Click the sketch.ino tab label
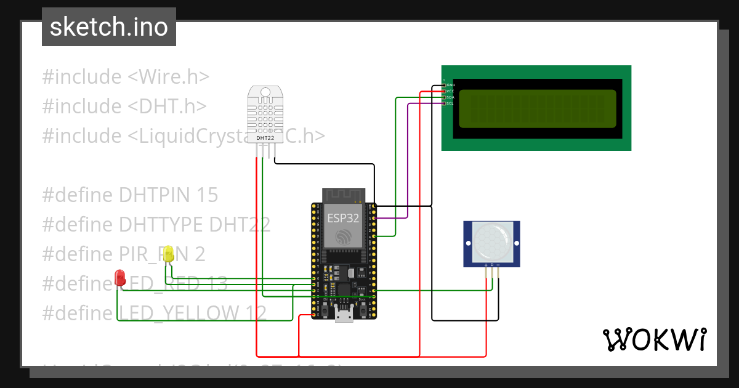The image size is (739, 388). [109, 27]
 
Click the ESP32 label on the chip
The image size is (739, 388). [339, 217]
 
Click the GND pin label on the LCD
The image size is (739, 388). [450, 84]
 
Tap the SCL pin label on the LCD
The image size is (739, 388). [450, 103]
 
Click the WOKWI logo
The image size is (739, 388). [654, 340]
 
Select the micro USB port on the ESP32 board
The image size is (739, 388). [344, 317]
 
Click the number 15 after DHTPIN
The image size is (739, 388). [207, 195]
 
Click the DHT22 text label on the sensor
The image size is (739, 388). [265, 138]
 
